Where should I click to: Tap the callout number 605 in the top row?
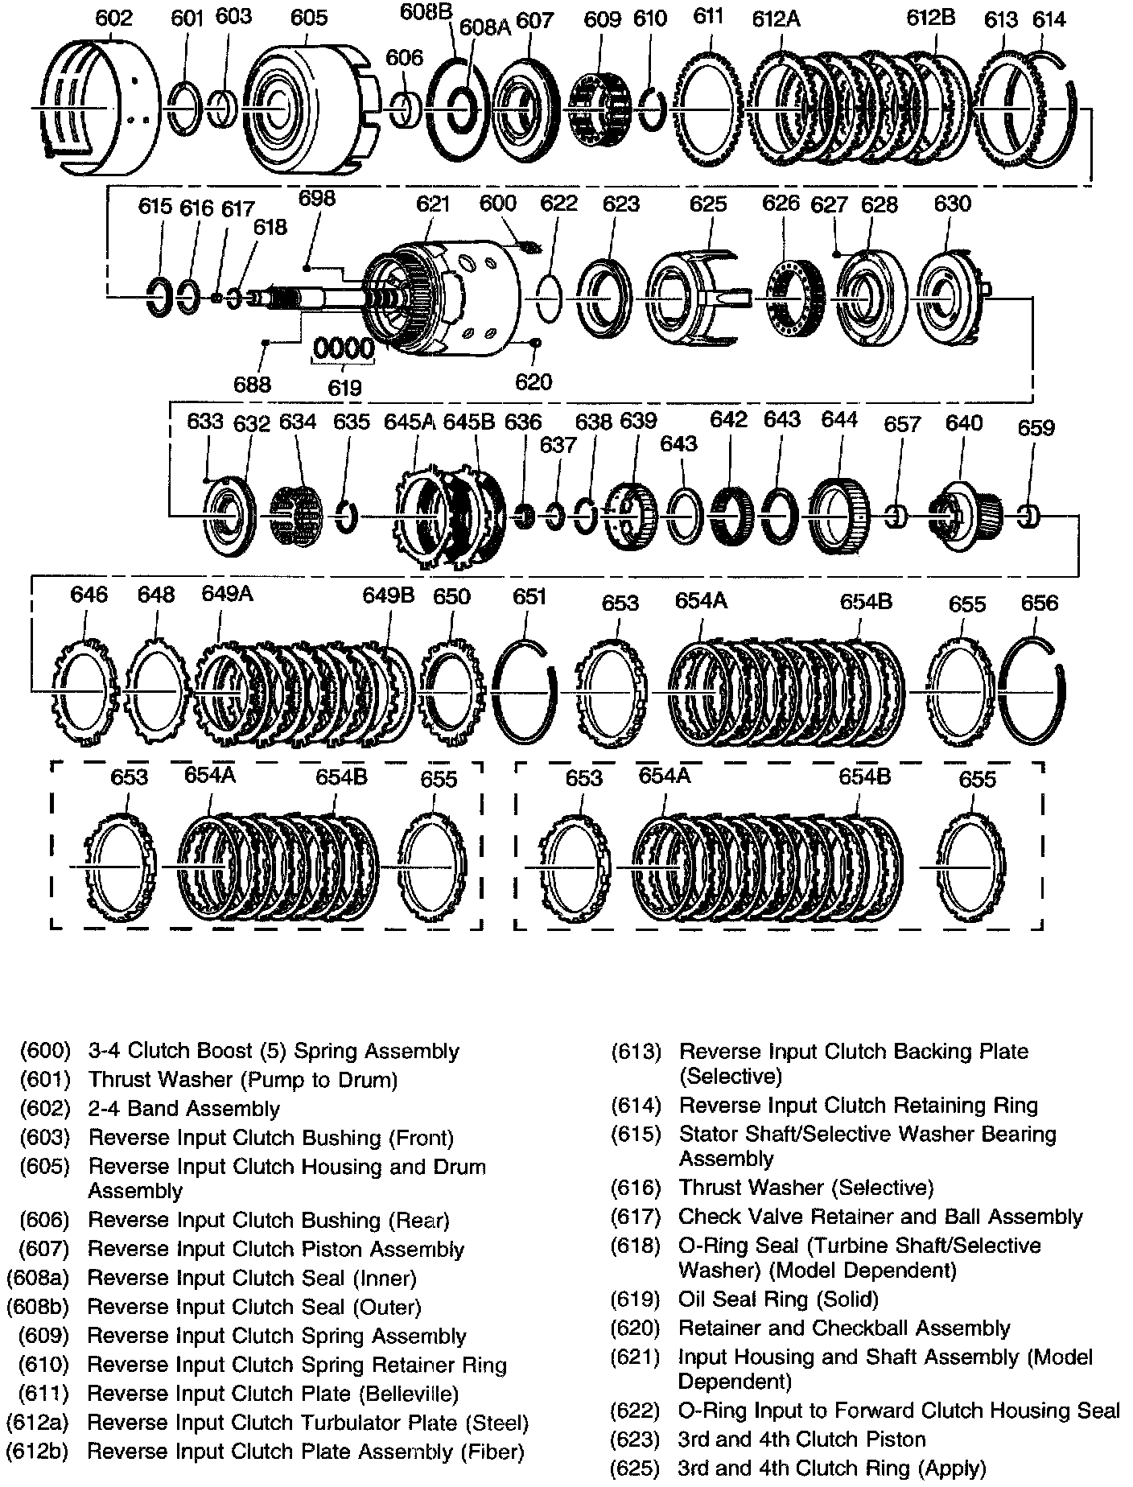coord(309,18)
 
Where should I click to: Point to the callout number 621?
coord(433,204)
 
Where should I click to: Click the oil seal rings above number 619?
coord(344,350)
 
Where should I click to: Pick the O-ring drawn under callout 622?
coord(548,299)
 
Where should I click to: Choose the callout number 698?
coord(316,198)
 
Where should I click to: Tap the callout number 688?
coord(253,384)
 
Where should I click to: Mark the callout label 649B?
coord(388,595)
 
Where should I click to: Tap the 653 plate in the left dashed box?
coord(121,866)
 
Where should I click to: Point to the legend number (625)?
coord(637,1468)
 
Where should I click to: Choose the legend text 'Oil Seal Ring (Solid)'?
coord(778,1299)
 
